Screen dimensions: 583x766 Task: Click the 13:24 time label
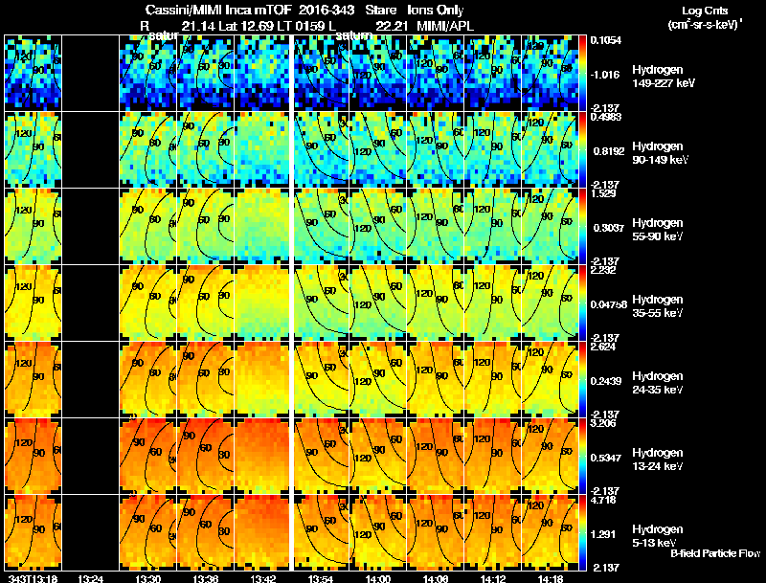tap(90, 577)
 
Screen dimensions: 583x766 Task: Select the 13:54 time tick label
tap(322, 577)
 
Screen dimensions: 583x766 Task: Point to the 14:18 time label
tap(552, 577)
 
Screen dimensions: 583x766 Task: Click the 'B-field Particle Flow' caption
tap(714, 553)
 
